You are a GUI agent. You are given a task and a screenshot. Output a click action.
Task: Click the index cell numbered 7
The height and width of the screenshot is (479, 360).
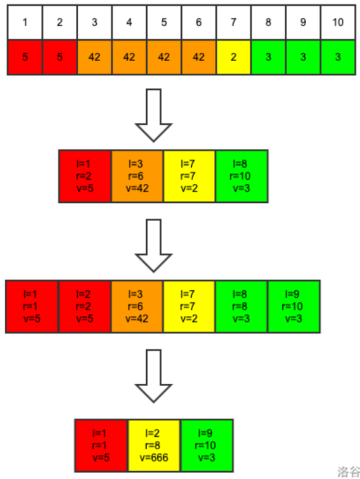point(233,22)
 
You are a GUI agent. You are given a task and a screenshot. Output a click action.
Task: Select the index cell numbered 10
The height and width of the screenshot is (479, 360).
point(338,22)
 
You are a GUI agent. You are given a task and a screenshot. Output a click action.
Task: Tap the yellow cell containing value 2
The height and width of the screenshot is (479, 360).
point(233,57)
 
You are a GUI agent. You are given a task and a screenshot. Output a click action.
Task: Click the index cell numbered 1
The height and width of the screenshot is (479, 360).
point(24,22)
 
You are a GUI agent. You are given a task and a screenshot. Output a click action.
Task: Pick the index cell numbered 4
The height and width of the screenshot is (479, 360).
point(129,22)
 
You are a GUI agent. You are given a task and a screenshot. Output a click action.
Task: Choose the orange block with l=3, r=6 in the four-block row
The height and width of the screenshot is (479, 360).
point(137,176)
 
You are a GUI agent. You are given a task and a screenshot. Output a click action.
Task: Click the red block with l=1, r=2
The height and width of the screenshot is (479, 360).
point(85,176)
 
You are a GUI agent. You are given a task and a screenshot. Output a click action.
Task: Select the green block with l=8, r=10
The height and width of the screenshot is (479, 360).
point(241,176)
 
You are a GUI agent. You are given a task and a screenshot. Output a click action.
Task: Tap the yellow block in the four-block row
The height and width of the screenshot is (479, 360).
point(189,176)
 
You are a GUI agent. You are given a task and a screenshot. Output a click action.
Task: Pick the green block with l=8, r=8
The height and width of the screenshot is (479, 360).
point(241,306)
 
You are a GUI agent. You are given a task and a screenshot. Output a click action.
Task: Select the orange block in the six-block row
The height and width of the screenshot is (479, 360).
point(137,306)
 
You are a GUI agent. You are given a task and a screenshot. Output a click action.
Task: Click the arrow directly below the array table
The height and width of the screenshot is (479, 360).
point(154,115)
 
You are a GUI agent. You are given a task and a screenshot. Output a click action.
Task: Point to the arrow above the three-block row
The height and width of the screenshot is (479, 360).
point(154,375)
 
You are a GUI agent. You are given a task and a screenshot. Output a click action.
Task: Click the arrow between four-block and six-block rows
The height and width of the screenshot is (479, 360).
point(154,245)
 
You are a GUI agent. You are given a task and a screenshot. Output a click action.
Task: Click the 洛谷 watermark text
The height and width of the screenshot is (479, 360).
point(348,471)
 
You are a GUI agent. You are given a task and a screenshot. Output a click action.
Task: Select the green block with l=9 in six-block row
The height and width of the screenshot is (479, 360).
point(293,306)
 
